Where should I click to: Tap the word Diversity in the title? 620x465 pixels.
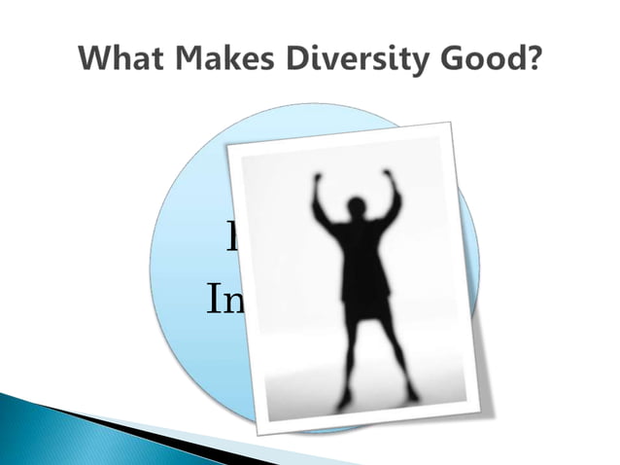point(347,59)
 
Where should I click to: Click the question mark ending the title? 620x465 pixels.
point(534,59)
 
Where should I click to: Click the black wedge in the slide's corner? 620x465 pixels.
point(146,428)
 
